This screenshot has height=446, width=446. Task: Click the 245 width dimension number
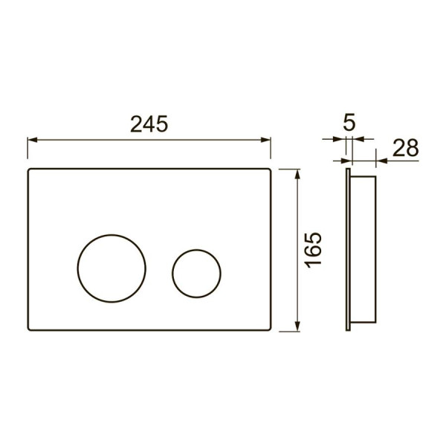tap(149, 124)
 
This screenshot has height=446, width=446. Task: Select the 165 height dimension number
tap(313, 250)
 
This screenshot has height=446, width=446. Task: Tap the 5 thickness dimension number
tap(349, 123)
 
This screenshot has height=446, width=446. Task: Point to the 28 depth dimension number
tap(406, 148)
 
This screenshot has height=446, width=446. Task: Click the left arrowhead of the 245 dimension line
tap(32, 140)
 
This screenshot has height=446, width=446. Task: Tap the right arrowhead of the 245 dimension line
tap(265, 140)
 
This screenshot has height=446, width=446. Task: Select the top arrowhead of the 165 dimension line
tap(297, 174)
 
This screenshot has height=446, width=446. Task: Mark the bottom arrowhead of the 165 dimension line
tap(297, 326)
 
